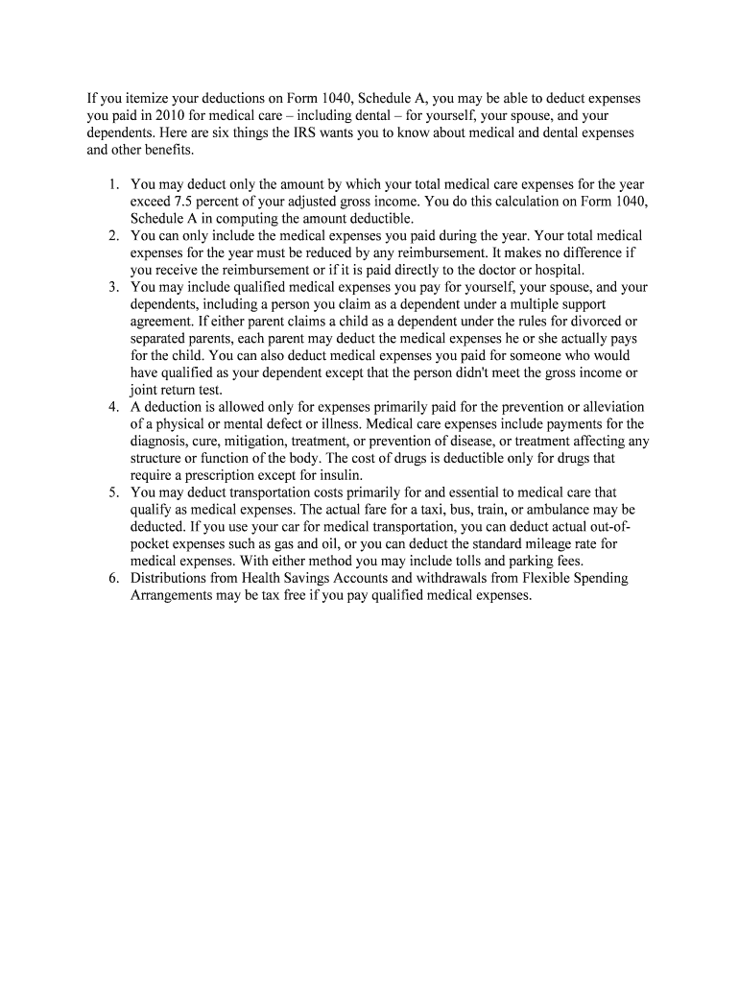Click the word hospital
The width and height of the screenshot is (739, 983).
click(x=557, y=270)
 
